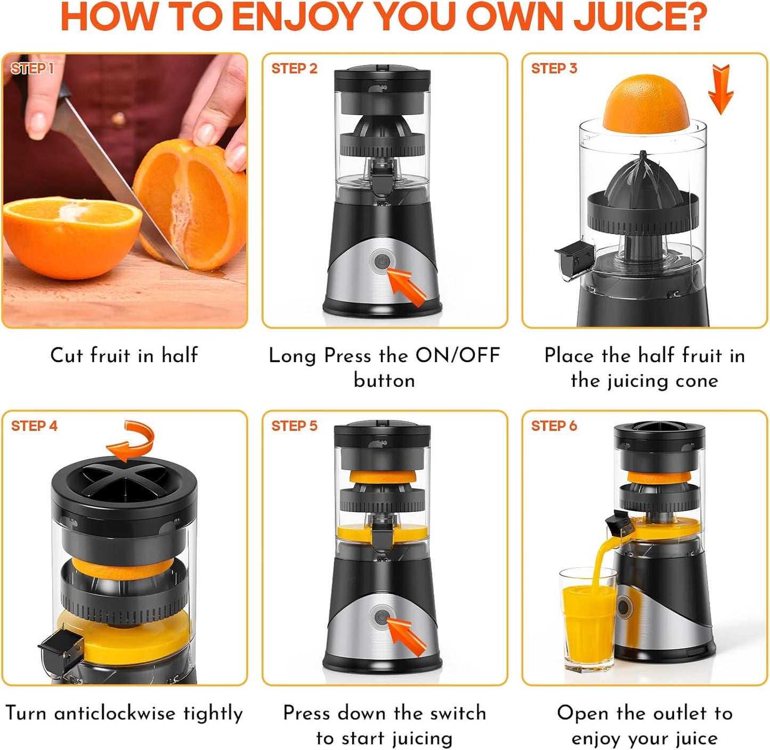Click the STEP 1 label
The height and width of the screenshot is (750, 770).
[x=32, y=68]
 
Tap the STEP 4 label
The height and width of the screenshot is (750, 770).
[x=34, y=426]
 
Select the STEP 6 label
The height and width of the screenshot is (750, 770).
[x=554, y=426]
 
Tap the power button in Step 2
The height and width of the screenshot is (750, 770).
[x=382, y=262]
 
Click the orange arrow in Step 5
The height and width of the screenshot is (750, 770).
[x=407, y=637]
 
